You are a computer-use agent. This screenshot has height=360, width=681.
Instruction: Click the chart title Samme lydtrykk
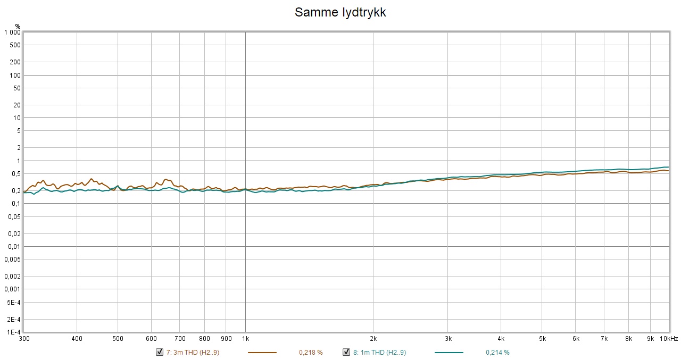[340, 13]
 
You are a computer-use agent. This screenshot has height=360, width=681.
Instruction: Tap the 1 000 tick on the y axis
[12, 32]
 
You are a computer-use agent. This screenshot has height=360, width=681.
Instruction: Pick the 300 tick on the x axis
[24, 339]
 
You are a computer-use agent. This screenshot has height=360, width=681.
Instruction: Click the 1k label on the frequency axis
[245, 339]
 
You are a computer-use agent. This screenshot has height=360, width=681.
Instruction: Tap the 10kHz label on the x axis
[668, 339]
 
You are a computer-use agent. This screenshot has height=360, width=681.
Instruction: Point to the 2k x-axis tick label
[373, 339]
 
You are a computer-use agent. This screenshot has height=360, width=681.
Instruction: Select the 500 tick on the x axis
[118, 339]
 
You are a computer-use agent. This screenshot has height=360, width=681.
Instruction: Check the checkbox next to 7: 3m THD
[159, 352]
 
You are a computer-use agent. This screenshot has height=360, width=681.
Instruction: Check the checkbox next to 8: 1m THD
[346, 352]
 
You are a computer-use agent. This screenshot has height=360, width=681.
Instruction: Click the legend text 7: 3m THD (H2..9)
[193, 353]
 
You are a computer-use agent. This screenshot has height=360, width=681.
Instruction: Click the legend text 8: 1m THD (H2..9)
[379, 353]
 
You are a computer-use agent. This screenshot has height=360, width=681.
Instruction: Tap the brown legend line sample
[262, 353]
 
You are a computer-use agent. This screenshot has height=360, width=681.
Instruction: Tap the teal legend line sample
[449, 353]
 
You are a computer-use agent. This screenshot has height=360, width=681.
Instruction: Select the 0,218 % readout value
[311, 353]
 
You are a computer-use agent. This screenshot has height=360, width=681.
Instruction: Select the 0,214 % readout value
[497, 353]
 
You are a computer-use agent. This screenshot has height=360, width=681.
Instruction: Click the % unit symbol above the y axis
[18, 26]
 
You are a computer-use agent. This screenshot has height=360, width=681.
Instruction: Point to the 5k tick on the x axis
[542, 339]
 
